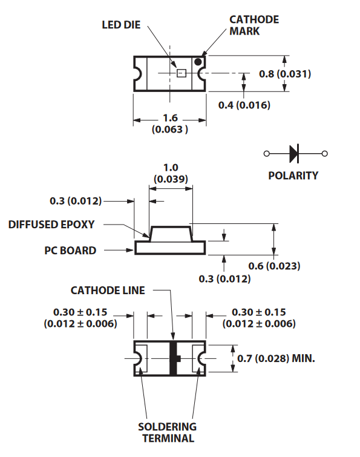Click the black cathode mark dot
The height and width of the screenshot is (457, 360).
coord(198,62)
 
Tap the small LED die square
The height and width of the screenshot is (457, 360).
coord(181,73)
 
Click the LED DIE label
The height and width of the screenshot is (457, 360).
coord(121,25)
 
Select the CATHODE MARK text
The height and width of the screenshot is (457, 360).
coord(254,25)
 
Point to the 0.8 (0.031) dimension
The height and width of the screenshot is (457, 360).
coord(285,74)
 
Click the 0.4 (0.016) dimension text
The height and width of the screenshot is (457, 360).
coord(244,105)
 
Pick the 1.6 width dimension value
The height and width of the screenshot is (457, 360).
coord(170,118)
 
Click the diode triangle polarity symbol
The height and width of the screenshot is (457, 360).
coord(294,153)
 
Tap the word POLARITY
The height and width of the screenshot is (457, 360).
coord(293,176)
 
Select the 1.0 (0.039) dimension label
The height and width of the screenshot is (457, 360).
coord(171,173)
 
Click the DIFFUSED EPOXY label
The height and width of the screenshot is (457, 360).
coord(51,225)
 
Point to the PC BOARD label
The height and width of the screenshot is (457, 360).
coord(70,251)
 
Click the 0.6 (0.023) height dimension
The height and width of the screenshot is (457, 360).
coord(274,266)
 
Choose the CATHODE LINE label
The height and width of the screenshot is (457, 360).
coord(108,291)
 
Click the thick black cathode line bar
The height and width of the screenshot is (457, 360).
coord(173,358)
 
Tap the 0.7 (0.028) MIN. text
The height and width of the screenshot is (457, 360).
coord(276,358)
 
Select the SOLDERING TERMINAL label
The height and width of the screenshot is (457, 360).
coord(167,433)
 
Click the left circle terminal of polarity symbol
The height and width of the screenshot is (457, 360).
coord(266,153)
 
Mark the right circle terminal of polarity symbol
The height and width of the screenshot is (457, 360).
coord(325,153)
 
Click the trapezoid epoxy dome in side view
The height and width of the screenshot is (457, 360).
coord(171,234)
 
